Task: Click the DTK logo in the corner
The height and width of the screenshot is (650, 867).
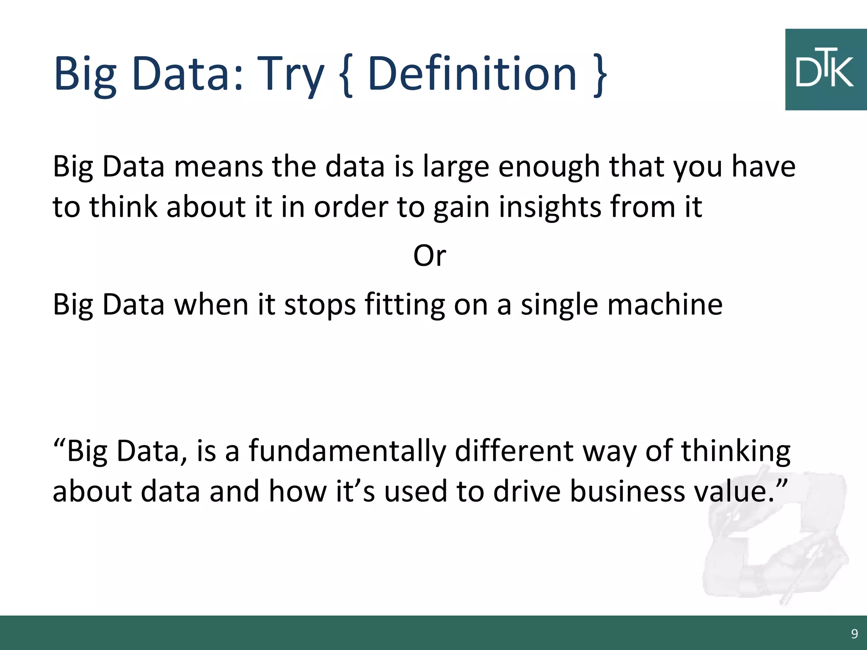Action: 826,70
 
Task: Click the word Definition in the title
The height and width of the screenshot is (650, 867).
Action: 472,74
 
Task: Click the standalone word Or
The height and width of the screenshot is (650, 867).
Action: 429,256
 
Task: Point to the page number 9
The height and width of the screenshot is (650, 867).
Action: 854,633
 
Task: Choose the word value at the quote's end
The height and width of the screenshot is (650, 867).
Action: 734,492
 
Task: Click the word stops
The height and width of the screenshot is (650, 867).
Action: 320,305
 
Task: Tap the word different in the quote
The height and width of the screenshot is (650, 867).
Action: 515,451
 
